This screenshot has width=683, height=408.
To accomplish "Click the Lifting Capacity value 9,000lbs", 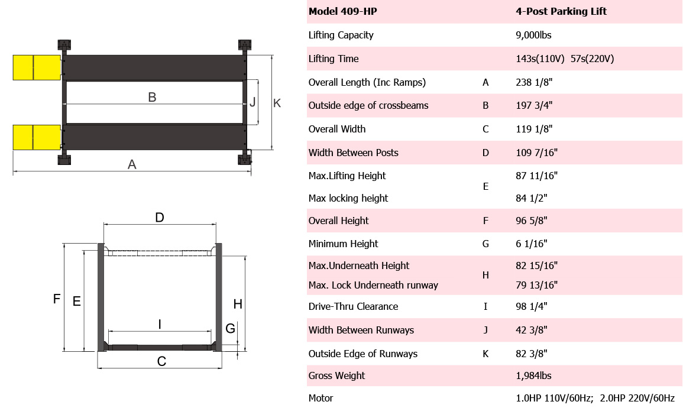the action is click(533, 35).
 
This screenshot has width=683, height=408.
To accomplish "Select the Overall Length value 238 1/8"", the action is click(534, 82).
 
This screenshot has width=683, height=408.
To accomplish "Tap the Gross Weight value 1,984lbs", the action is click(533, 376).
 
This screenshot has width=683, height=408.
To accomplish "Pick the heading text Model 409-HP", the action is click(343, 11).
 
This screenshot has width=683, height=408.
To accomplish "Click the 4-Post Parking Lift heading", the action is click(561, 11).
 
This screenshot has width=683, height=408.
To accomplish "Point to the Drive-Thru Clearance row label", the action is click(353, 306).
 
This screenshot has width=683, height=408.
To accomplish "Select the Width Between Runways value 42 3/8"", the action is click(532, 330).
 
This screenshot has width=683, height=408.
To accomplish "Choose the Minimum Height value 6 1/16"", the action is click(532, 244).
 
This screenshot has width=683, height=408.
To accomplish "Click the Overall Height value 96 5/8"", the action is click(532, 221).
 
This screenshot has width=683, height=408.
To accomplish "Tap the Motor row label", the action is click(321, 398).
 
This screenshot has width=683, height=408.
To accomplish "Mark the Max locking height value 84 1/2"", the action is click(532, 198).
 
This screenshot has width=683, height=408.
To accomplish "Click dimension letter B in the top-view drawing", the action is click(152, 97).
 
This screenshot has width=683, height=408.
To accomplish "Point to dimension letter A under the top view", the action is click(132, 164).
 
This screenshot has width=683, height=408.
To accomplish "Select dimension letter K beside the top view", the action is click(277, 103).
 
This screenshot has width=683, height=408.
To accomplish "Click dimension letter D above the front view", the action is click(160, 218).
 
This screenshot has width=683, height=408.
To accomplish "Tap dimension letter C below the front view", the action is click(161, 361).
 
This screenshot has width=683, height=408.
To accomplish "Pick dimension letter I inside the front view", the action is click(160, 325).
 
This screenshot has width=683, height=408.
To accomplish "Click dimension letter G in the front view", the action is click(231, 328).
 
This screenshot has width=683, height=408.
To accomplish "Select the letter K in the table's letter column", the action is click(485, 354).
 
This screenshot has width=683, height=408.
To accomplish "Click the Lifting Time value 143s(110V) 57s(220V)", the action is click(565, 59).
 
